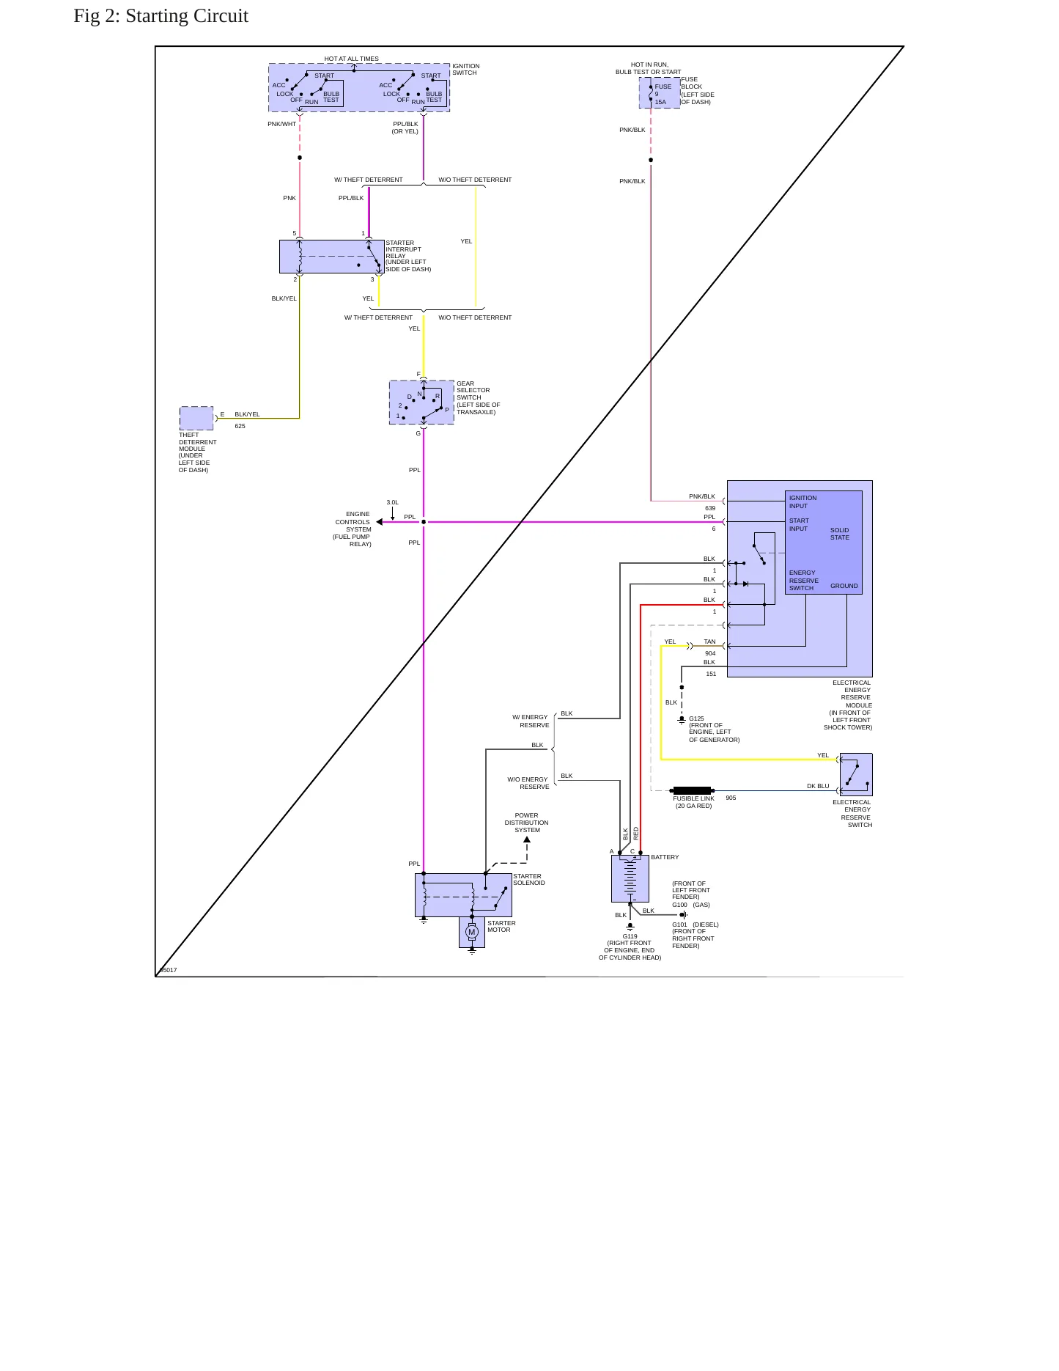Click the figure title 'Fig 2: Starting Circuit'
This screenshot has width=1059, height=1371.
point(160,16)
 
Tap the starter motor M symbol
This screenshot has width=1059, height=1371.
point(472,932)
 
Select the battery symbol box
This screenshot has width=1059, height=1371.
point(630,878)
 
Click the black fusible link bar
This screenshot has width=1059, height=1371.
point(693,791)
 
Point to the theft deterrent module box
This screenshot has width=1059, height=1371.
point(196,418)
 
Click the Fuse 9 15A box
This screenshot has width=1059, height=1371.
point(659,93)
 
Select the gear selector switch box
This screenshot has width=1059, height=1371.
point(421,403)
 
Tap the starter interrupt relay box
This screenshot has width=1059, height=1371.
point(331,257)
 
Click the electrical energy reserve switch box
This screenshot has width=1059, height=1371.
point(856,774)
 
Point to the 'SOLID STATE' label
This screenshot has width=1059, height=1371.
point(840,534)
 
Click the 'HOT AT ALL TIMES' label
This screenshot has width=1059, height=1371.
point(352,59)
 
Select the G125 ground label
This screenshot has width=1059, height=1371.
point(696,718)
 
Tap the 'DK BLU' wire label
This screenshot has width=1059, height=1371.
point(818,786)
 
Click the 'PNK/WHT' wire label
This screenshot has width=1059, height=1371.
point(282,124)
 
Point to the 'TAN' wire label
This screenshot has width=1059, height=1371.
point(709,642)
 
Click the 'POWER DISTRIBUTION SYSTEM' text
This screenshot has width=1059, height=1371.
point(526,823)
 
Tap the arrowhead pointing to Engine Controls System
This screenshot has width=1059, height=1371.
point(380,522)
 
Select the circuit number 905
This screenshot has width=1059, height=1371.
point(731,798)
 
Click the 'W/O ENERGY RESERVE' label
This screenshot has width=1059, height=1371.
point(528,783)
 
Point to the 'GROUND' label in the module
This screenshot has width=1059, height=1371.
point(844,586)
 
